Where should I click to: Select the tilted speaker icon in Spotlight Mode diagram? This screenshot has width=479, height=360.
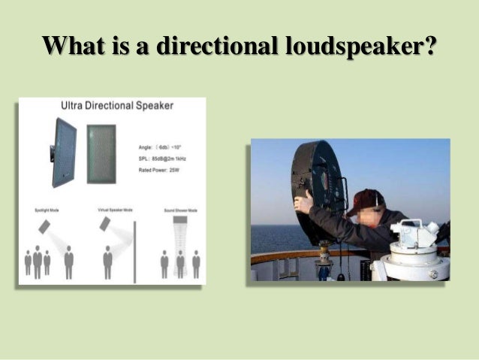[x=47, y=227]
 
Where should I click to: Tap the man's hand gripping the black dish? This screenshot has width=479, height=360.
[x=303, y=201]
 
